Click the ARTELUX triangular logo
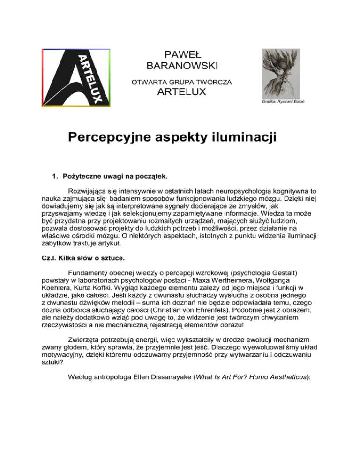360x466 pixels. pos(76,78)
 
